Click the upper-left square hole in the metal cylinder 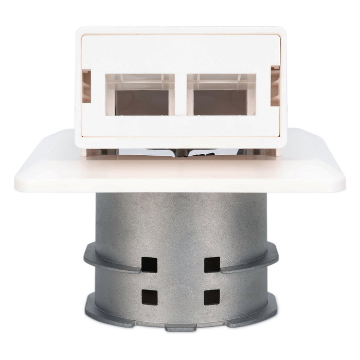pos(149,264)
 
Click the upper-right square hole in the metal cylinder pos(212,264)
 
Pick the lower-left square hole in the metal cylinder pos(149,297)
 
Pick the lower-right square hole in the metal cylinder pos(212,297)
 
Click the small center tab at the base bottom pos(181,327)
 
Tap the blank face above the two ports pos(181,51)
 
